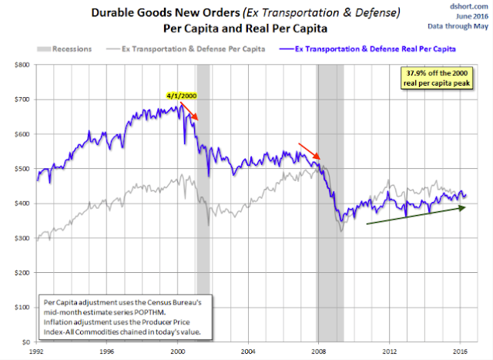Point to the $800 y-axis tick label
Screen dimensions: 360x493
coord(22,65)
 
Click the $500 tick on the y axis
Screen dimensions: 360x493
coord(22,169)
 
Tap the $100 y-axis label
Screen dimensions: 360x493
coord(22,307)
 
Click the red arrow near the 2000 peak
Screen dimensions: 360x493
coord(189,110)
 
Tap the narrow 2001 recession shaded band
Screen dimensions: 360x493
coord(203,231)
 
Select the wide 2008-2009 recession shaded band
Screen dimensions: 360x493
coord(330,231)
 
